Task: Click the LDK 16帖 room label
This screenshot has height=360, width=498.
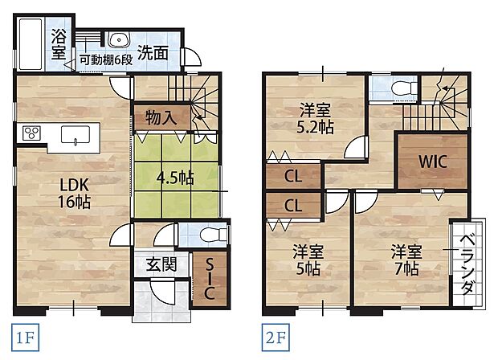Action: click(x=71, y=193)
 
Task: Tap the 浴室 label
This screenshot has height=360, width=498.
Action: click(x=59, y=43)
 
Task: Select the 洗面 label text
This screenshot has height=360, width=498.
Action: click(x=153, y=54)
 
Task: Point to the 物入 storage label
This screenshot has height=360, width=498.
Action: click(x=161, y=117)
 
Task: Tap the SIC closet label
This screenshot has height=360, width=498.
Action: click(x=209, y=279)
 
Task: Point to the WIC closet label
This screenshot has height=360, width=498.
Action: click(x=431, y=159)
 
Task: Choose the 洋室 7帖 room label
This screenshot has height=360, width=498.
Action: click(x=406, y=259)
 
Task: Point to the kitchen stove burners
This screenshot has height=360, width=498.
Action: click(x=32, y=132)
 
